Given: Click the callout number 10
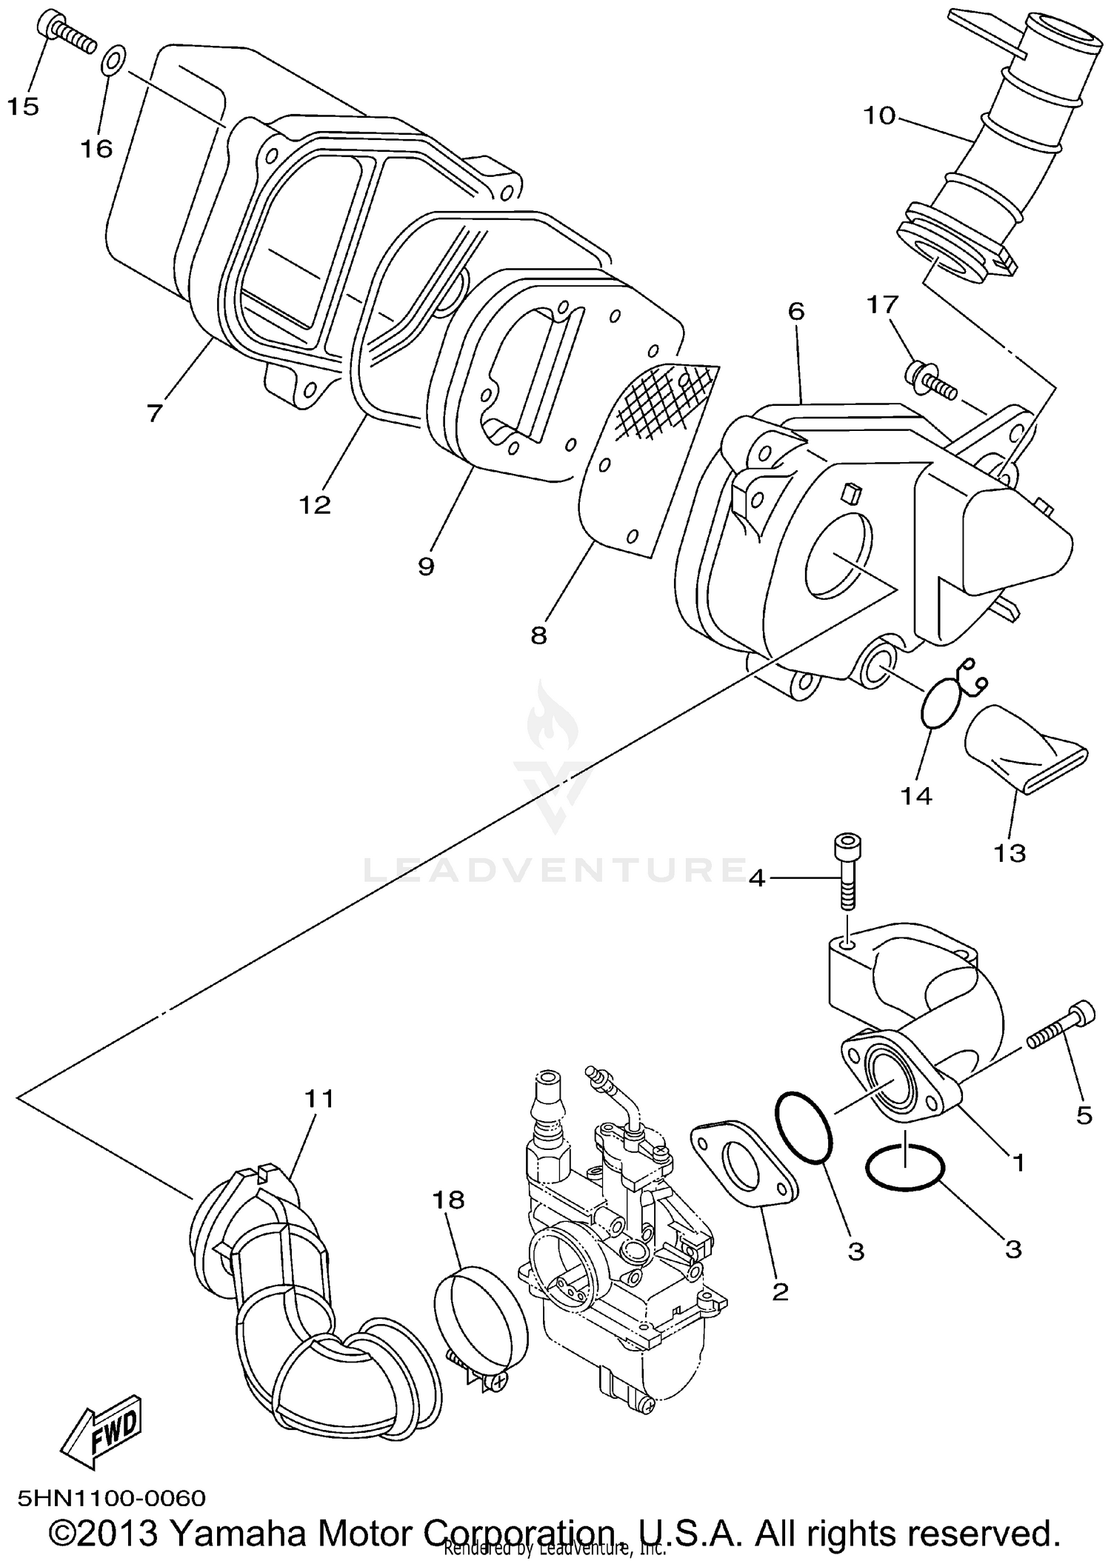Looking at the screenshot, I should tap(879, 116).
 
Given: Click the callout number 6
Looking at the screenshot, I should tap(795, 311).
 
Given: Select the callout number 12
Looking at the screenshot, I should tap(314, 505).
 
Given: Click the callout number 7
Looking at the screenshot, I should tap(154, 412).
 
